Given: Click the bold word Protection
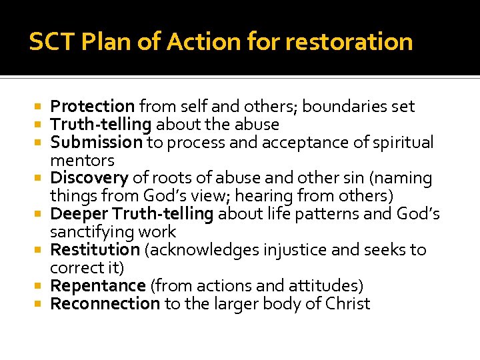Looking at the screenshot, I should (x=93, y=106).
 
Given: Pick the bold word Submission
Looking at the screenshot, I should (x=97, y=142).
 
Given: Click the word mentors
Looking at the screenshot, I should (x=83, y=161).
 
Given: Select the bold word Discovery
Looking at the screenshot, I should (x=89, y=178).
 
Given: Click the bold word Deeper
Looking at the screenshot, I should (x=79, y=214).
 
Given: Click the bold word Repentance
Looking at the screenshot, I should (x=98, y=286).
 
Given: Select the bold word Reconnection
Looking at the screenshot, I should (x=105, y=304).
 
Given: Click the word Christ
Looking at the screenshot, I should (x=347, y=304).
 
